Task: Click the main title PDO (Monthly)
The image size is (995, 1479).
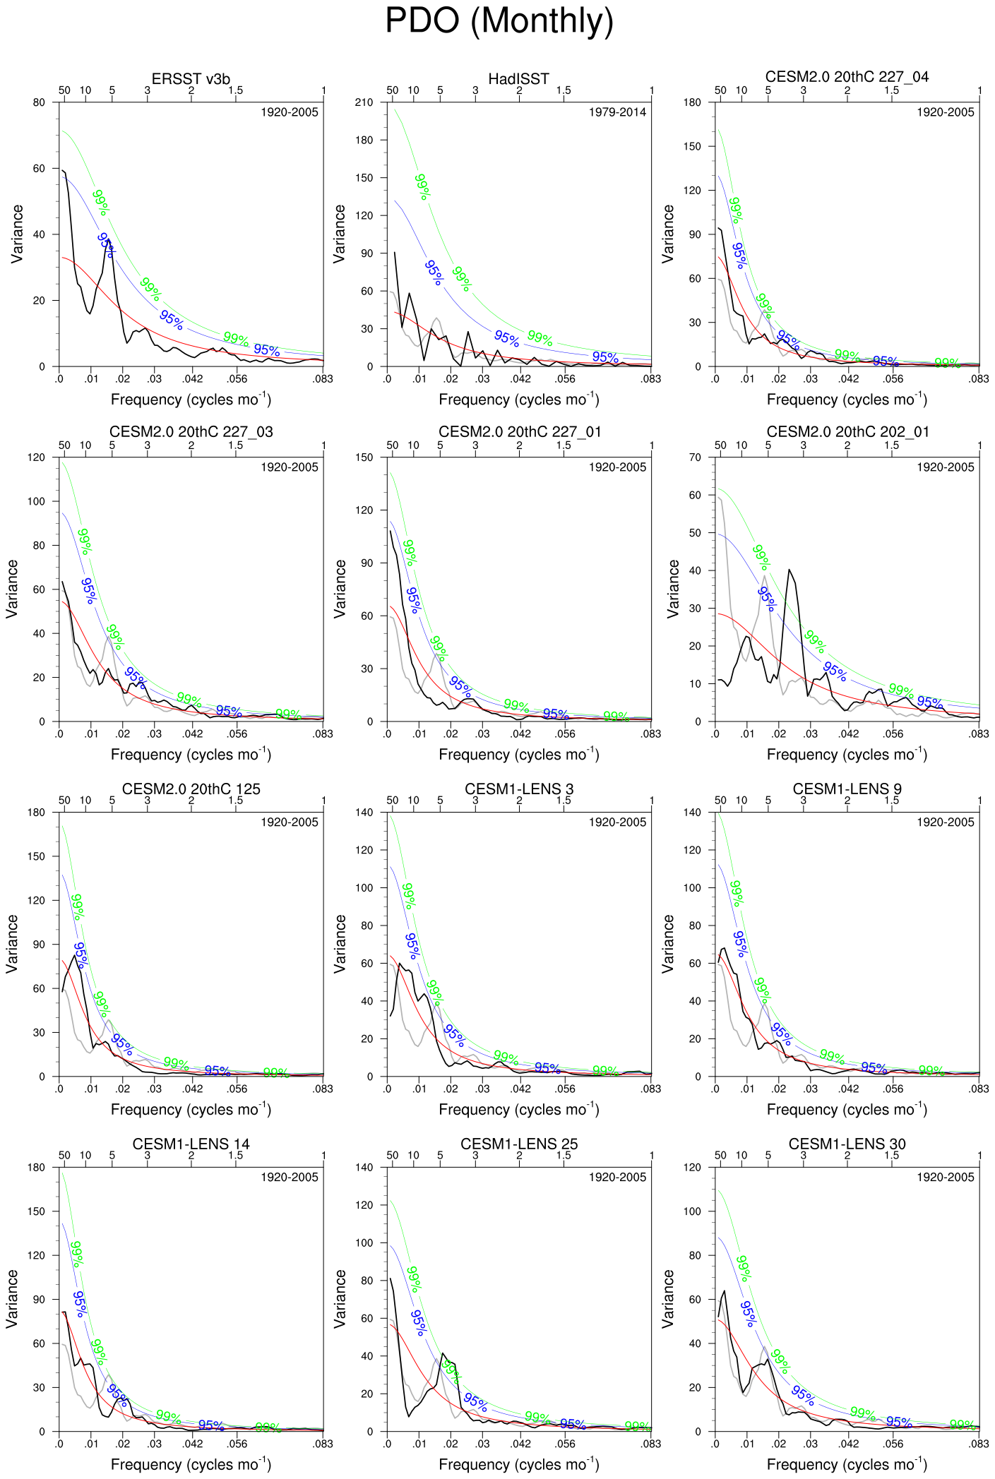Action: [x=499, y=21]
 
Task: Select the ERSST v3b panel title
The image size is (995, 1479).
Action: [x=191, y=78]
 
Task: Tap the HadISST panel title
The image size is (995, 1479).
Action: [x=518, y=78]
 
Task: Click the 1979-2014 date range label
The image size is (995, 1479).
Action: [x=617, y=112]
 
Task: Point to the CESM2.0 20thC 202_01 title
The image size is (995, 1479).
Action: [x=847, y=431]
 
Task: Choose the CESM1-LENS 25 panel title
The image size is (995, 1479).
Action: [x=518, y=1144]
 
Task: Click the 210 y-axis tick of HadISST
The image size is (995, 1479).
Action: [x=364, y=102]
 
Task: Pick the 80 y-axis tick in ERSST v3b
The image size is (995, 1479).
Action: [x=39, y=102]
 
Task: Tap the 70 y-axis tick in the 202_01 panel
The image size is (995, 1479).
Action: [x=695, y=457]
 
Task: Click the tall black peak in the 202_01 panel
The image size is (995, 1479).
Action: [x=790, y=570]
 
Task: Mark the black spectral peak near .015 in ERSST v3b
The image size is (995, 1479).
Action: [x=107, y=240]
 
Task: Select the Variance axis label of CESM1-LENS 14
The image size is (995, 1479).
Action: [x=12, y=1299]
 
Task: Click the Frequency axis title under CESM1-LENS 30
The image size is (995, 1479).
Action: [x=847, y=1463]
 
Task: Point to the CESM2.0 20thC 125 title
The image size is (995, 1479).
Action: [x=191, y=789]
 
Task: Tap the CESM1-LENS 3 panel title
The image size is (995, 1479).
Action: [x=518, y=789]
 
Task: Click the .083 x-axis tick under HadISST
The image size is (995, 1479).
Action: [x=650, y=379]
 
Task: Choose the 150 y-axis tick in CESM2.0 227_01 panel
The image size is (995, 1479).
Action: [x=364, y=457]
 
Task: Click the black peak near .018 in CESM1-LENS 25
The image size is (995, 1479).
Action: [x=443, y=1353]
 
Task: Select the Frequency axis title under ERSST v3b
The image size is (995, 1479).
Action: [x=191, y=399]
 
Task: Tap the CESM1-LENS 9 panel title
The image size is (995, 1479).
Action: [x=847, y=789]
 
